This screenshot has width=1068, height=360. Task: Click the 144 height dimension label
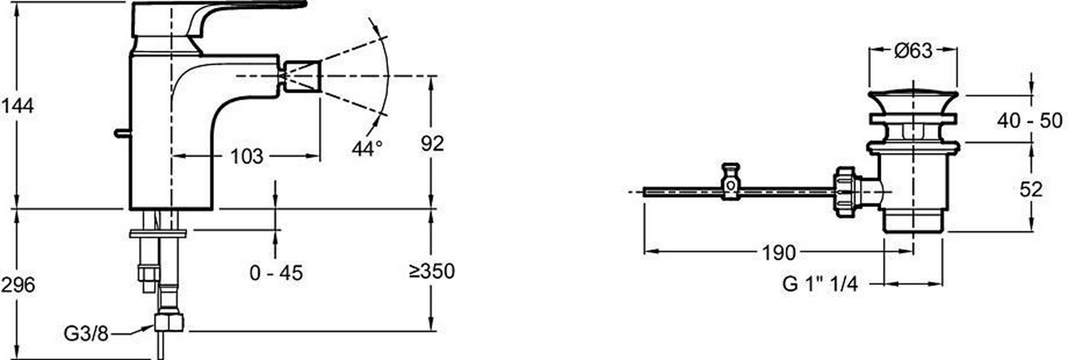tap(18, 106)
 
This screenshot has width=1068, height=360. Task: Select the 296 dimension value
tap(18, 285)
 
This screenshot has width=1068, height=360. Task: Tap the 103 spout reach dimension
tap(247, 157)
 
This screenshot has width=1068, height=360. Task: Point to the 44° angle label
tap(367, 148)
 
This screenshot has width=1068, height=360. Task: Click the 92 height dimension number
tap(432, 143)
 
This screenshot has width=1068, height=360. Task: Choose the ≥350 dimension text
tap(432, 271)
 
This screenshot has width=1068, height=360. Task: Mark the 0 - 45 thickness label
tap(276, 273)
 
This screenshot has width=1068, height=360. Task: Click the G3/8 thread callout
tap(86, 333)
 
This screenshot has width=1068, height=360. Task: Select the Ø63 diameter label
tap(913, 51)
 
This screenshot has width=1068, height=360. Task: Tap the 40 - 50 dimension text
tap(1029, 121)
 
